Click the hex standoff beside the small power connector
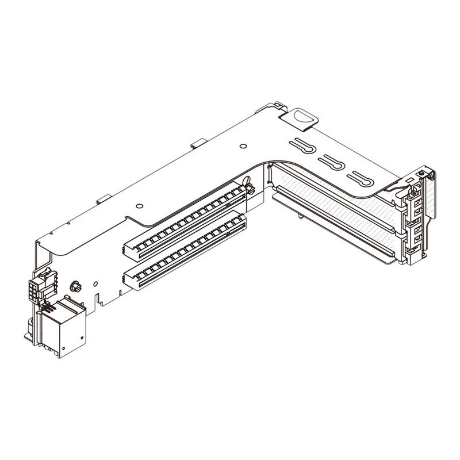pos(74,286)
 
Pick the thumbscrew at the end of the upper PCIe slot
pos(248,187)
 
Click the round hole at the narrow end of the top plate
pos(140,205)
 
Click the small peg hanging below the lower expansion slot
pos(300,217)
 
